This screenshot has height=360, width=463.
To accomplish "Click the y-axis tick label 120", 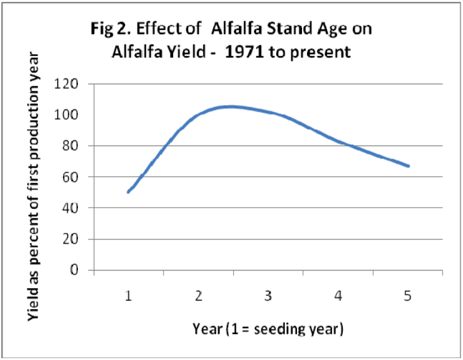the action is [x=66, y=84].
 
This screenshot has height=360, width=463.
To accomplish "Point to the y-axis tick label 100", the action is [x=66, y=115].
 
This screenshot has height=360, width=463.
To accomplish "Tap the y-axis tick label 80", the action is [x=70, y=145].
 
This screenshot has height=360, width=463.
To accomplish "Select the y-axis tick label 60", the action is [x=70, y=177].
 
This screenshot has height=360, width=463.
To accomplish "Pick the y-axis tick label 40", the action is [x=70, y=208].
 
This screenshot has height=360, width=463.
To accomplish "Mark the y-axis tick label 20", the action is [x=70, y=239].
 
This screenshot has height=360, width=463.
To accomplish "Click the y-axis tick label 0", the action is [x=74, y=269].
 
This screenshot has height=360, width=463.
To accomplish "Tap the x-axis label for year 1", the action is [x=128, y=296].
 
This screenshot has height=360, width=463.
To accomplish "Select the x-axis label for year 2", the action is [x=198, y=296].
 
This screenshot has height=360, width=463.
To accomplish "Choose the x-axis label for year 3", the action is [x=268, y=296].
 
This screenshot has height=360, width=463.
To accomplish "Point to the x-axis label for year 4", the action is [x=338, y=296].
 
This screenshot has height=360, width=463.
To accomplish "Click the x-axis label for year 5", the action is [x=408, y=296].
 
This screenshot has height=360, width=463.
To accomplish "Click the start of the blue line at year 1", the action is [x=128, y=192].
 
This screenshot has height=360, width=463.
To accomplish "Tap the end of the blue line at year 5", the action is [x=408, y=166].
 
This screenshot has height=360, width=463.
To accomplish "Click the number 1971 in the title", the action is [x=244, y=52].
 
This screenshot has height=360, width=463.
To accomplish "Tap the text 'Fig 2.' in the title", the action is [x=111, y=30].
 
